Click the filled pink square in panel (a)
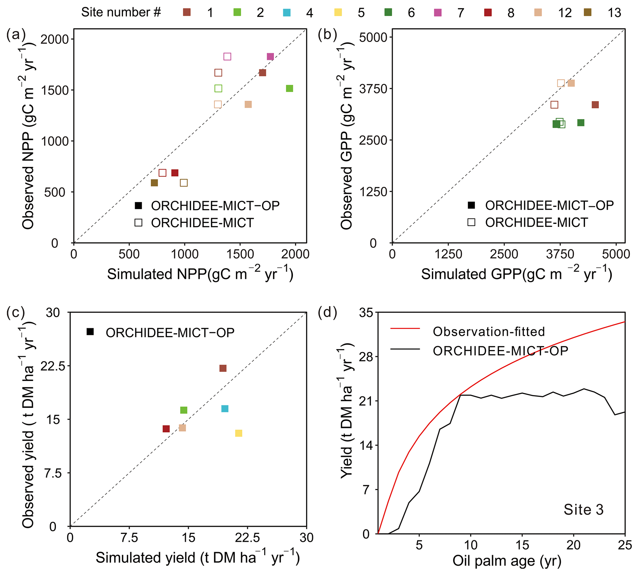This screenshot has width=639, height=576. pyautogui.click(x=270, y=57)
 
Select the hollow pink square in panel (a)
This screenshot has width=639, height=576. pyautogui.click(x=227, y=57)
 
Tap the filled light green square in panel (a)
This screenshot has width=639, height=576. pyautogui.click(x=290, y=89)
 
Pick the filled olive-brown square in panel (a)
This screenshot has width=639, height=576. pyautogui.click(x=154, y=183)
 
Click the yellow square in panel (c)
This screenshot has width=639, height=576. pyautogui.click(x=239, y=433)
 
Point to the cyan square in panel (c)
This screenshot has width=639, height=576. pyautogui.click(x=225, y=409)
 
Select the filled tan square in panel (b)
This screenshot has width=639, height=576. pyautogui.click(x=571, y=83)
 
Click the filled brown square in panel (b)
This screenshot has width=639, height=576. pyautogui.click(x=595, y=105)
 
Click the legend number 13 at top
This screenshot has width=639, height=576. pyautogui.click(x=614, y=13)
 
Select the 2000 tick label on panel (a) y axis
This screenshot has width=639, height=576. pyautogui.click(x=55, y=40)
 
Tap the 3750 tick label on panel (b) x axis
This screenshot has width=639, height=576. pyautogui.click(x=560, y=254)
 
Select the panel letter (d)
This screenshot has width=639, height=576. pyautogui.click(x=328, y=312)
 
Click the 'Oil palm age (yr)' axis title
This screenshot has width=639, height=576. pyautogui.click(x=507, y=561)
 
